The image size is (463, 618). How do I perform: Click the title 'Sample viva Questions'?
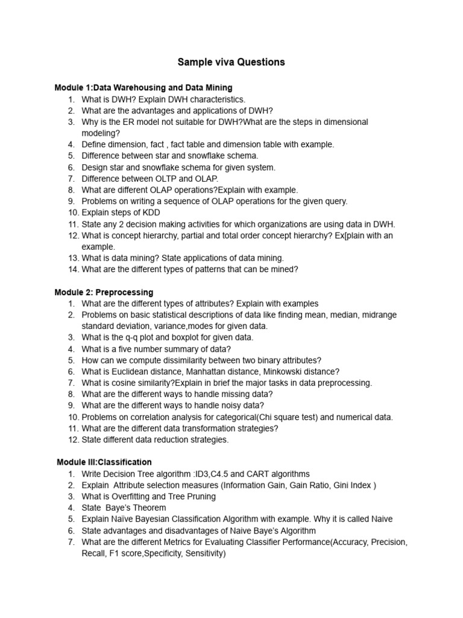pyautogui.click(x=231, y=62)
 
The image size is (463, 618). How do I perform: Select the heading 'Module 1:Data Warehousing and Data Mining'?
pyautogui.click(x=143, y=88)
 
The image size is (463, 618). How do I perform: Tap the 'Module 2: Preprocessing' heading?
pyautogui.click(x=104, y=292)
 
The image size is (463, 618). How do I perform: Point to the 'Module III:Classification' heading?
pyautogui.click(x=104, y=462)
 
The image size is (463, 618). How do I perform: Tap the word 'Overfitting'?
pyautogui.click(x=136, y=496)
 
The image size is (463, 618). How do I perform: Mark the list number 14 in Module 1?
pyautogui.click(x=72, y=269)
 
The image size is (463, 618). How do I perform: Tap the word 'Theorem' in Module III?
pyautogui.click(x=150, y=508)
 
